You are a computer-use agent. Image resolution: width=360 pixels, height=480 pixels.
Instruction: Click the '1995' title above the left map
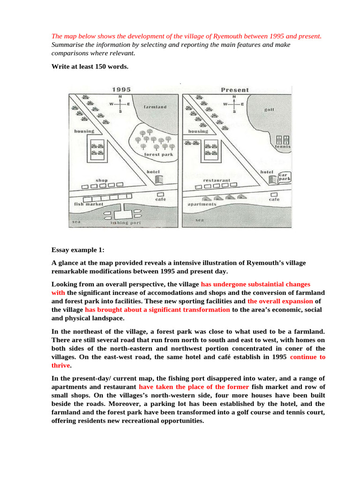(x=121, y=90)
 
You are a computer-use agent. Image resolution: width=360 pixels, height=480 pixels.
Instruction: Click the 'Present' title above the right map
(x=235, y=90)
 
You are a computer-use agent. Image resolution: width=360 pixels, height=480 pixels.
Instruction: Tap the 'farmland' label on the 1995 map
(x=155, y=107)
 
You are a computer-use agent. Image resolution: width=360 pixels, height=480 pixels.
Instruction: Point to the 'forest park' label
(x=151, y=154)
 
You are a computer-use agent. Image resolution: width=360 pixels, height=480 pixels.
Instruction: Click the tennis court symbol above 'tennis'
(x=283, y=140)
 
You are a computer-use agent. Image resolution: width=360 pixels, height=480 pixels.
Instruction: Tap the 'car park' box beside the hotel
(x=285, y=176)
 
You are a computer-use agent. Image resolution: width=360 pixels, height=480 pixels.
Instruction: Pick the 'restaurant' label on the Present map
(x=217, y=180)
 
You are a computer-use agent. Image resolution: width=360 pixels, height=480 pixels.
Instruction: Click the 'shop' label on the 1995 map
(x=102, y=180)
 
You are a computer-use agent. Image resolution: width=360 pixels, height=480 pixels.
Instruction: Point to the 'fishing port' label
(x=126, y=223)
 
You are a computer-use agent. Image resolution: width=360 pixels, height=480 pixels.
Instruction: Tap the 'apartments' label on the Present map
(x=202, y=204)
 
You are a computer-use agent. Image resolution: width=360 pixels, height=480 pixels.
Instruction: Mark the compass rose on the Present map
(x=233, y=104)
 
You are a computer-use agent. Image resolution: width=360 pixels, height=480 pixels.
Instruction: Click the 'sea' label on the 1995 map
(x=76, y=221)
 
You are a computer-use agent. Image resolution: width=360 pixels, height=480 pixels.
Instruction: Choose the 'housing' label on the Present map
(x=198, y=132)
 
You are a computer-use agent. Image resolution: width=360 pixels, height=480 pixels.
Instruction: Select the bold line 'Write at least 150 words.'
(x=90, y=67)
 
